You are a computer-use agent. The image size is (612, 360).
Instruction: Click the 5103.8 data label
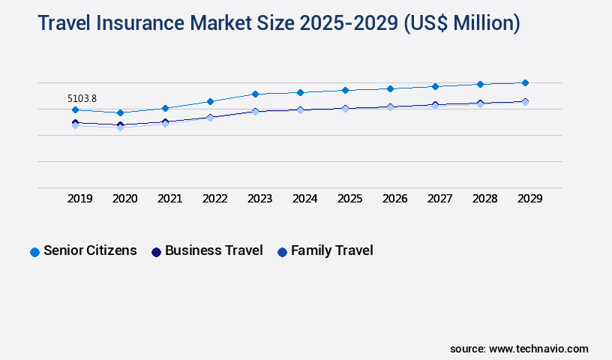[82, 98]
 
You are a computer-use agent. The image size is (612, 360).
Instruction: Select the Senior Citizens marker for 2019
[75, 110]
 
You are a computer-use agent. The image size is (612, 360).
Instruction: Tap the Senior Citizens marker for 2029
[525, 82]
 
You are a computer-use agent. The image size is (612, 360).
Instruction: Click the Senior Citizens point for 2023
[255, 94]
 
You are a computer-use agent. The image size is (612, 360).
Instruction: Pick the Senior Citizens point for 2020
[120, 112]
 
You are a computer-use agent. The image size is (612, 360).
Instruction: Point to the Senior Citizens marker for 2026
[390, 88]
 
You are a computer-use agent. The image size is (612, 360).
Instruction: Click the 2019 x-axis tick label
[79, 199]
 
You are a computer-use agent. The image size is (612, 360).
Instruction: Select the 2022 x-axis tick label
[214, 199]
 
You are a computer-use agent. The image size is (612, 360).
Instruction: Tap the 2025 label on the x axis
[349, 199]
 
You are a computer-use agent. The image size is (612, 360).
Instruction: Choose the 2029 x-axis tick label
[529, 199]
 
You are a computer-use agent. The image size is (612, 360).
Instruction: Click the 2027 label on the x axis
[439, 199]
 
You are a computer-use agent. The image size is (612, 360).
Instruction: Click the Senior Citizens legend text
[90, 250]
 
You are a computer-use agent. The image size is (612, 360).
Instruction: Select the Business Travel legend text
[214, 250]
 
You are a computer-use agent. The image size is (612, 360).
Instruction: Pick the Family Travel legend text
[331, 250]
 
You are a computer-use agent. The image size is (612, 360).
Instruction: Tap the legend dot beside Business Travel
[156, 252]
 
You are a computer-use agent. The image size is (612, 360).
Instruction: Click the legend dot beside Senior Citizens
[34, 252]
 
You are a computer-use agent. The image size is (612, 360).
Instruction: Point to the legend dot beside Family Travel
[282, 252]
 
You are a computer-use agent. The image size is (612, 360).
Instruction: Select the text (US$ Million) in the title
[461, 23]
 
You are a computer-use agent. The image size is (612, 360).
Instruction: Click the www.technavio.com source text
[538, 349]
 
